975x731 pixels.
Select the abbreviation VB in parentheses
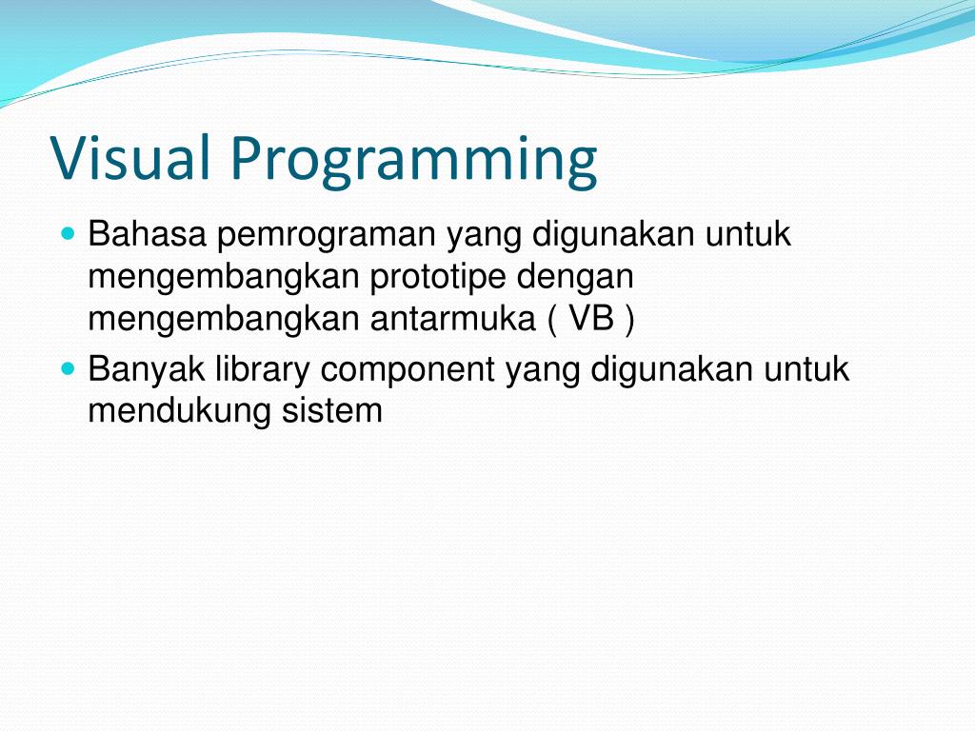pyautogui.click(x=591, y=321)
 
